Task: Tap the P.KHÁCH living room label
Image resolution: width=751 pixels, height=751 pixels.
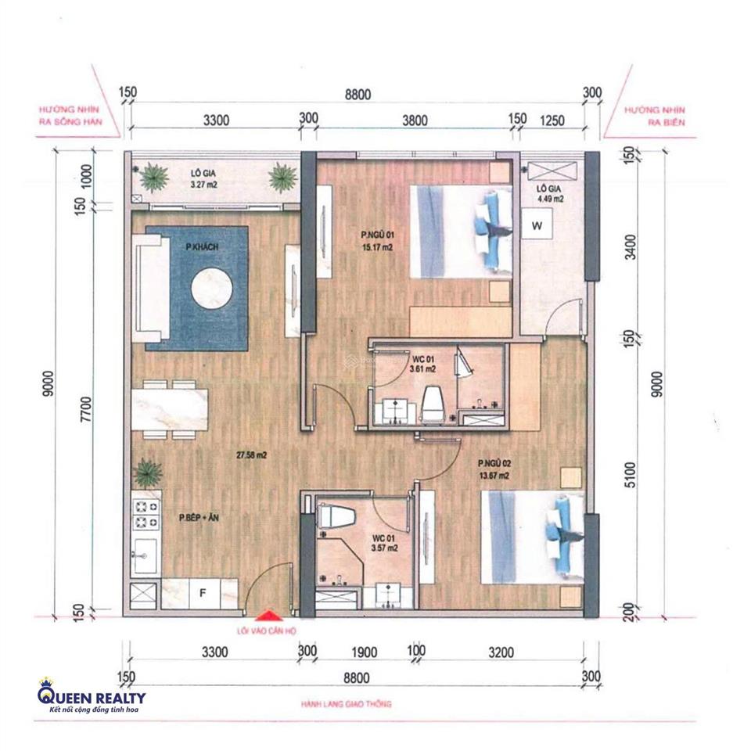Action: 201,247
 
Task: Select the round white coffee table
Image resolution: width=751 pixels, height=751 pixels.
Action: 212,288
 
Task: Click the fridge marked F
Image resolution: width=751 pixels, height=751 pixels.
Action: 202,593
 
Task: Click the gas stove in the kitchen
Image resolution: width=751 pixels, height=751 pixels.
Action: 146,512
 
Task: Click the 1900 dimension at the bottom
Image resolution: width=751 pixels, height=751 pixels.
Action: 365,652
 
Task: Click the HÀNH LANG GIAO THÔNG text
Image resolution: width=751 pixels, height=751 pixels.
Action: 346,704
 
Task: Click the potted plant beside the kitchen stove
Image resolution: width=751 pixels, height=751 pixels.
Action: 146,473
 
